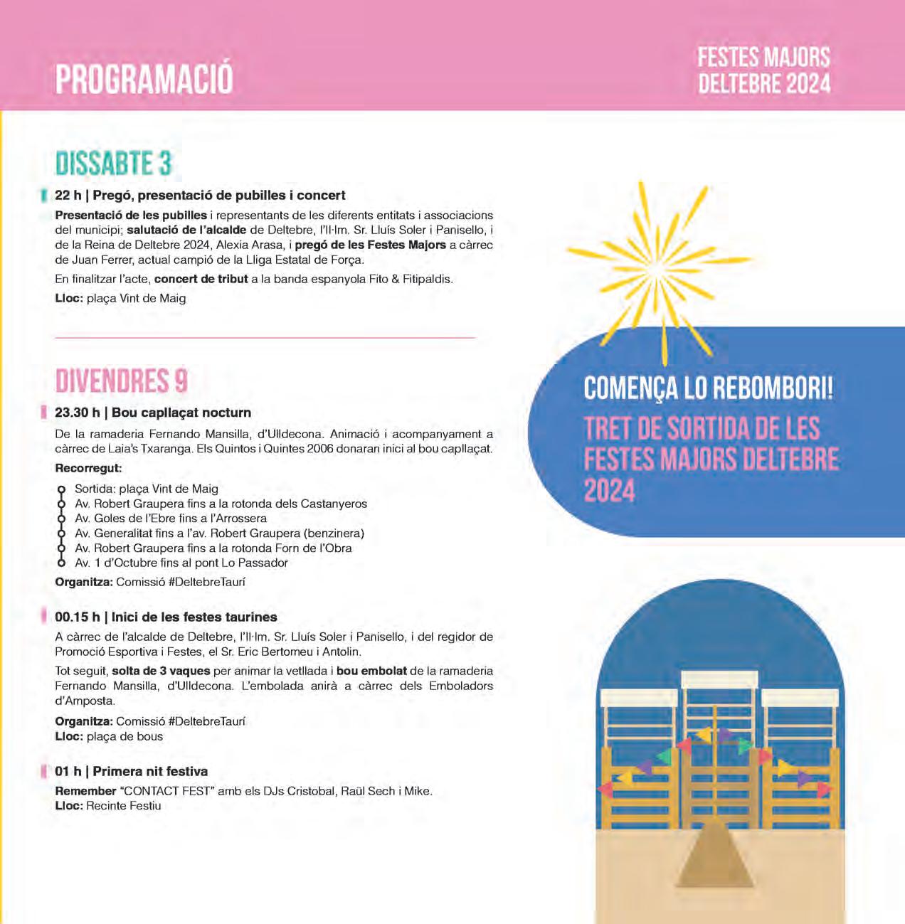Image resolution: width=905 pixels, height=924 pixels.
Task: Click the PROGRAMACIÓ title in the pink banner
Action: pos(144,79)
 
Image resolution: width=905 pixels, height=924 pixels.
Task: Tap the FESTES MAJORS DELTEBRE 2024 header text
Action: pos(763,70)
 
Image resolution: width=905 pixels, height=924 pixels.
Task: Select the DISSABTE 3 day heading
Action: pos(113,164)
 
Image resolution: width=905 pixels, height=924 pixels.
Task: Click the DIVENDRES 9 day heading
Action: pos(121,381)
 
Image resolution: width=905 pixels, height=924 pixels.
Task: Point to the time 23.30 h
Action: pos(77,413)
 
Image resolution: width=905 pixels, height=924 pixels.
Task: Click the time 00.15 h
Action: pos(77,617)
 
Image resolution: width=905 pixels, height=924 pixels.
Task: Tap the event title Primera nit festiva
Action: pos(150,771)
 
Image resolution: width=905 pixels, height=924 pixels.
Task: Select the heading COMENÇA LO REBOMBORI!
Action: pos(708,388)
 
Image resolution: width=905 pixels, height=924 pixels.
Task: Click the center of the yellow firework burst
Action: pos(655,269)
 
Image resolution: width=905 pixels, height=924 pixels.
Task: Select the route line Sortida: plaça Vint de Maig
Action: pos(147,489)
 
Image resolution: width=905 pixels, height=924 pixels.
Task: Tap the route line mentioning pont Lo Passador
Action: pos(181,563)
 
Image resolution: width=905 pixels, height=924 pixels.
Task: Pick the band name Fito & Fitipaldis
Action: pos(411,279)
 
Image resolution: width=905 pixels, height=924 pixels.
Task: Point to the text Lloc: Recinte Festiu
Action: pos(108,806)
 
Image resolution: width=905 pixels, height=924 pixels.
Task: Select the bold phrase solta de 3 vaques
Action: pos(161,671)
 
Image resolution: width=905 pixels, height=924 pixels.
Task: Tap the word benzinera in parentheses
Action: pos(333,533)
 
